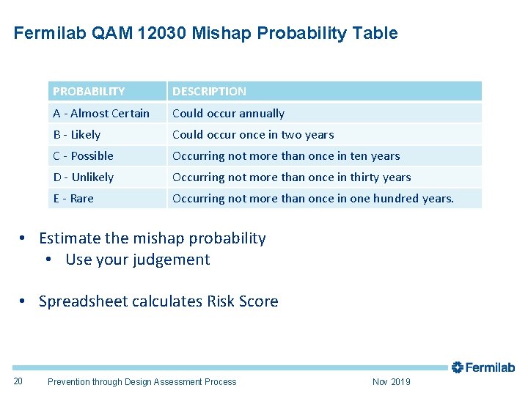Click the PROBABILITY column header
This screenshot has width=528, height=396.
89,92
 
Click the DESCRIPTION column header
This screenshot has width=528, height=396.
209,92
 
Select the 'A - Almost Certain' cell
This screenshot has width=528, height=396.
101,113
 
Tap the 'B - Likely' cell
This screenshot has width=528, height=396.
77,134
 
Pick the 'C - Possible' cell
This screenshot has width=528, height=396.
84,155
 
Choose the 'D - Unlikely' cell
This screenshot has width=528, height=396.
84,177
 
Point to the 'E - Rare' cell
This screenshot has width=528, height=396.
73,198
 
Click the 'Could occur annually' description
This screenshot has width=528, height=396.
228,113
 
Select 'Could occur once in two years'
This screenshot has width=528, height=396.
253,134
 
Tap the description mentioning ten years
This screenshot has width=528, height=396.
286,155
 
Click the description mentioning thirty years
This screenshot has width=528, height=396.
291,177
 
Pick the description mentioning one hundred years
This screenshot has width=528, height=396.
313,198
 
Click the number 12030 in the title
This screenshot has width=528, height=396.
158,33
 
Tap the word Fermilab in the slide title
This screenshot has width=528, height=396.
50,33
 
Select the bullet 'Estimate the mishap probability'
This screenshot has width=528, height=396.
152,238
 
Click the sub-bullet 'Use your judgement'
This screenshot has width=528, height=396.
137,260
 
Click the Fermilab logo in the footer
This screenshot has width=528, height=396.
483,367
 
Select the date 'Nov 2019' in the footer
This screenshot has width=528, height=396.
392,381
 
